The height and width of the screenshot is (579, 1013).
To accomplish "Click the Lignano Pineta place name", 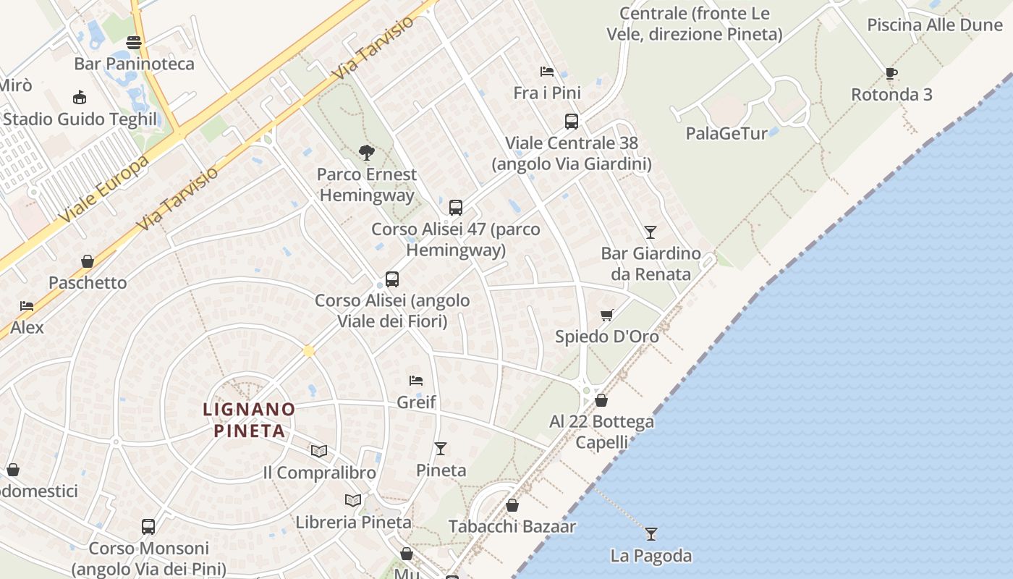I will point(249,420).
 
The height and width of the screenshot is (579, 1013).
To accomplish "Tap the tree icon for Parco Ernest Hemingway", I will point(367,152).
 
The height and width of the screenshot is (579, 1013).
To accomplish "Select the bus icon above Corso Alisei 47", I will point(456,208).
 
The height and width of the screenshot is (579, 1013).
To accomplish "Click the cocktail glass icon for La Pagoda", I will point(651,534).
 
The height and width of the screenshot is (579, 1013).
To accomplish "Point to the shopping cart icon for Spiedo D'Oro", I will point(607,315).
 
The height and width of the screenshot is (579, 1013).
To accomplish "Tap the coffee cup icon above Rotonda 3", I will point(891,73).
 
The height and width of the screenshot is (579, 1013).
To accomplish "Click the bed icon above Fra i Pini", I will point(547,71).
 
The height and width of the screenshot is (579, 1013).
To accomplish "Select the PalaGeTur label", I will point(726,133).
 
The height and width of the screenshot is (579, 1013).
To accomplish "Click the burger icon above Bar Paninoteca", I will point(134,42).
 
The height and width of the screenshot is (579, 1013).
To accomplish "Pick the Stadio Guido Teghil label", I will point(80,119).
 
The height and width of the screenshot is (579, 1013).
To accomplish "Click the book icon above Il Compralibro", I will point(319,451).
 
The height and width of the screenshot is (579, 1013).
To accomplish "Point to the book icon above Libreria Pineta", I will point(353,500).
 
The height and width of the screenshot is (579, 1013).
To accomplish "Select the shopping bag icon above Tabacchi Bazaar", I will point(512,505).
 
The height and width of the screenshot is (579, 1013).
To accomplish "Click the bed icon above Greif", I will point(416,380).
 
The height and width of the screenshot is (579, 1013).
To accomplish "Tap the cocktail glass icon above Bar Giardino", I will point(650,232).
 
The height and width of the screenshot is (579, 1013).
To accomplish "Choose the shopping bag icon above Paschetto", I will point(88,261).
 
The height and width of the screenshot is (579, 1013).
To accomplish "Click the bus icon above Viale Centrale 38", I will point(572,122).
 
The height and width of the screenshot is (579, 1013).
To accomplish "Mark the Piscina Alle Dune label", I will point(935,25).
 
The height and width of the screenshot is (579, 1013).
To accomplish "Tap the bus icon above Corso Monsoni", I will point(148,527).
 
